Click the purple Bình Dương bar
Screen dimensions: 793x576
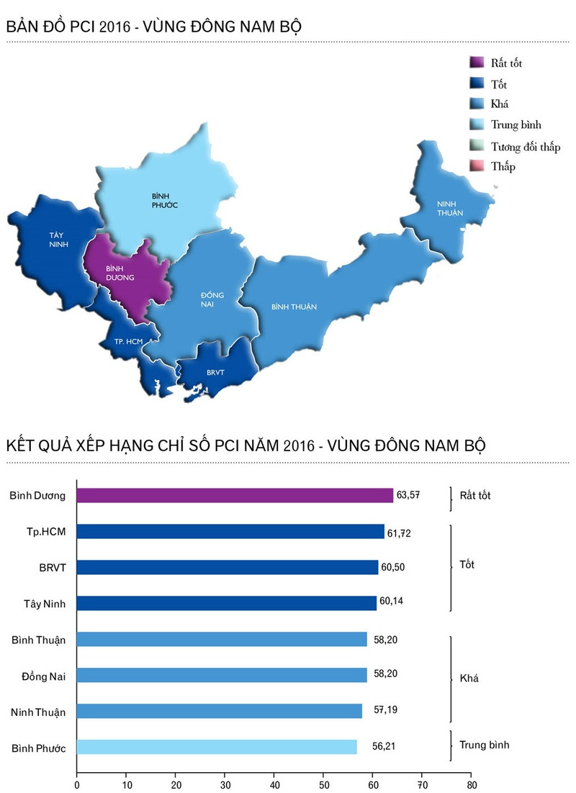(x=235, y=495)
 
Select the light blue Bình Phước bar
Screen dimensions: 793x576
(x=216, y=747)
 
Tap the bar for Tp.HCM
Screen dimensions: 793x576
(x=230, y=531)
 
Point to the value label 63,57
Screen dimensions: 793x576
(x=408, y=495)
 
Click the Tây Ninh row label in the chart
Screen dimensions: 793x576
(x=45, y=604)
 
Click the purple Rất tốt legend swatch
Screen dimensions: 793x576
(x=476, y=63)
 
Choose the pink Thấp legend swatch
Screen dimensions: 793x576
(x=476, y=166)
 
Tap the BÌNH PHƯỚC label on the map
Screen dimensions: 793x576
(x=165, y=200)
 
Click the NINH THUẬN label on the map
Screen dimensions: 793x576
(x=451, y=209)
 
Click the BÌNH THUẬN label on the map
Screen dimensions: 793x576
(x=294, y=307)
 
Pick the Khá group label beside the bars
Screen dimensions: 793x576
(x=469, y=678)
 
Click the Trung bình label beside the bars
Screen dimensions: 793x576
(x=484, y=745)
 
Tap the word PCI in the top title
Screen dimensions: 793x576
(x=78, y=27)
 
